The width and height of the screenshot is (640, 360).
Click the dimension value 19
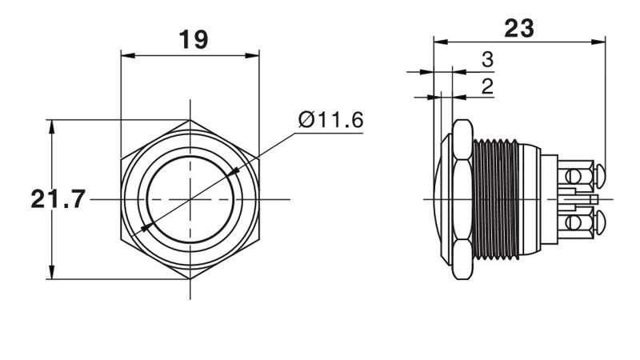[x=194, y=39]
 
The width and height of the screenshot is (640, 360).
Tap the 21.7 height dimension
[x=58, y=199]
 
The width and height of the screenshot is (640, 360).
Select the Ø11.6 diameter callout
[x=330, y=120]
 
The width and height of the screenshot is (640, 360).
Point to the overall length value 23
[x=518, y=28]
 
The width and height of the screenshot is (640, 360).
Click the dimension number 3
[x=487, y=59]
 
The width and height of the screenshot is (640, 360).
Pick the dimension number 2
[x=487, y=86]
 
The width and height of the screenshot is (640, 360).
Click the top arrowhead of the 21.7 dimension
[x=51, y=127]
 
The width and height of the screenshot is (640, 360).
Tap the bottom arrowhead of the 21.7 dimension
[x=51, y=272]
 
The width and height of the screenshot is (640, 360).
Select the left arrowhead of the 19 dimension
[x=128, y=55]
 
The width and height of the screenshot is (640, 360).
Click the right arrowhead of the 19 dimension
[x=252, y=55]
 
